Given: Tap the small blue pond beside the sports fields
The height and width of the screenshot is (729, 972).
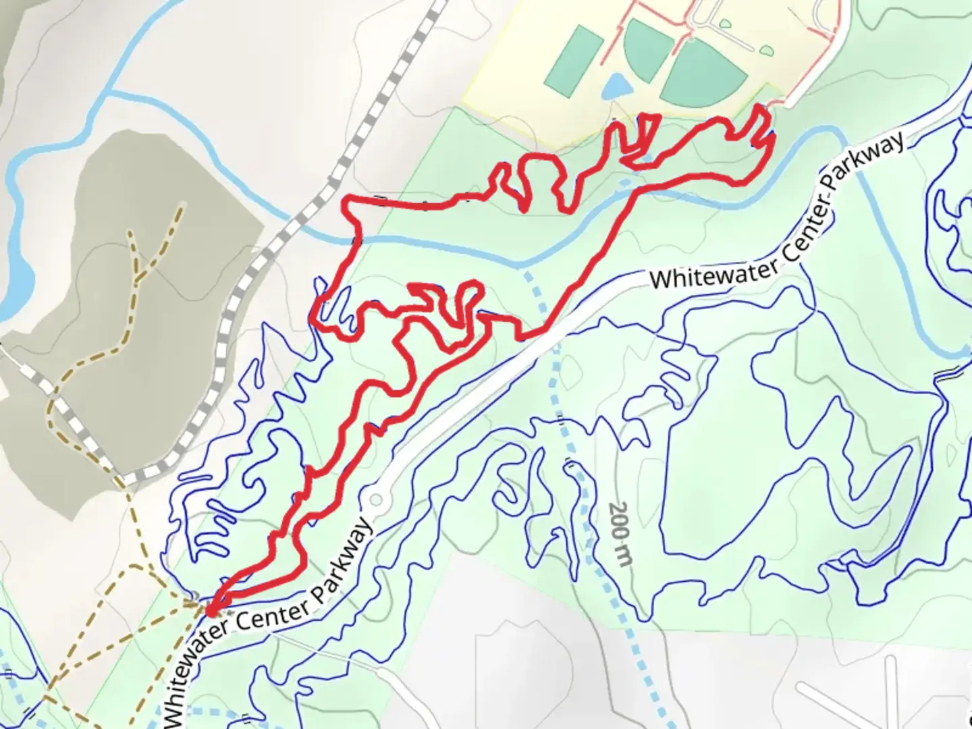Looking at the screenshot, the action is pyautogui.click(x=616, y=87).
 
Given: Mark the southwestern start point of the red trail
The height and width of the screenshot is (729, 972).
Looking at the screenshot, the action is pyautogui.click(x=211, y=611).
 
